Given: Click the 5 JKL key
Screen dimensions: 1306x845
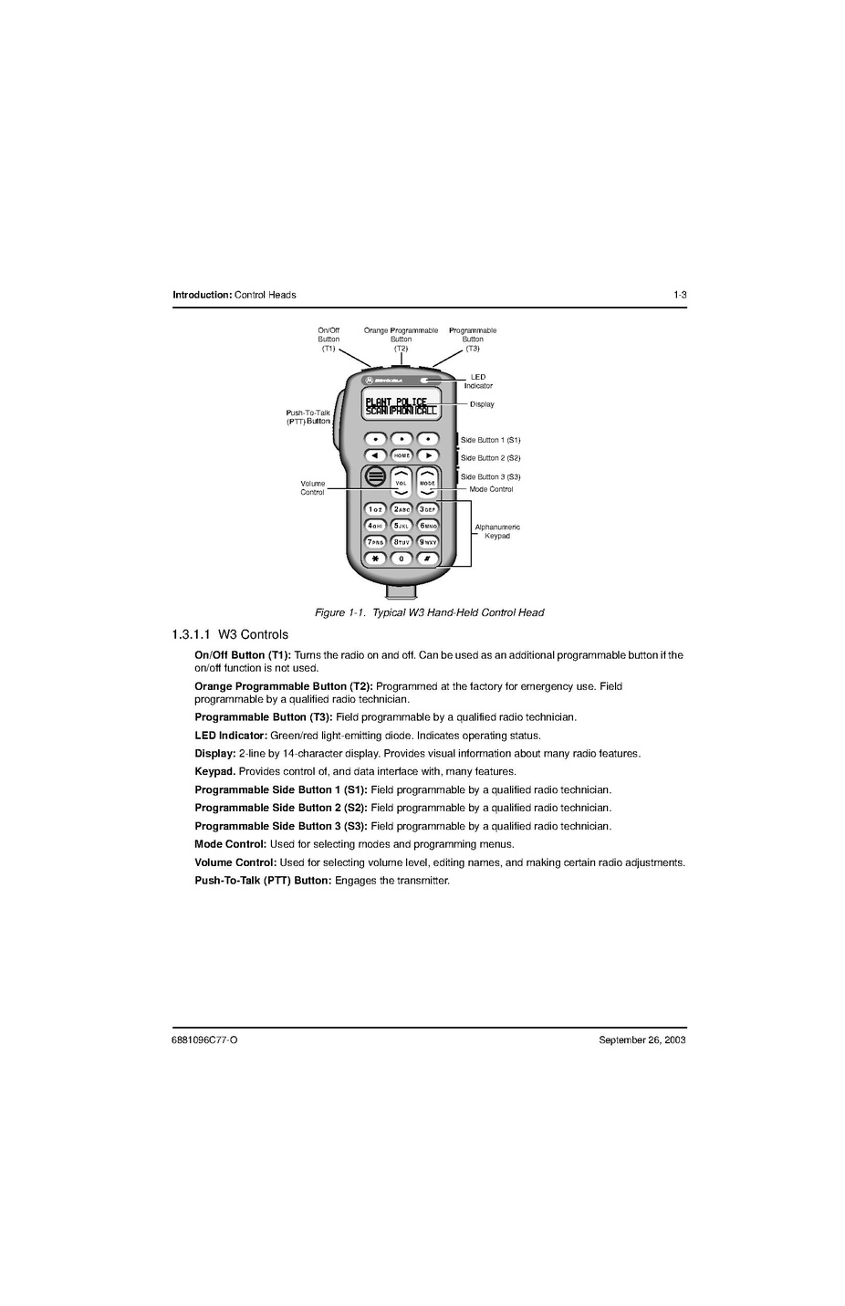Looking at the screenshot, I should pyautogui.click(x=402, y=526).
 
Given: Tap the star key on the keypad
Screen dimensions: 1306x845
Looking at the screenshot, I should pyautogui.click(x=375, y=559).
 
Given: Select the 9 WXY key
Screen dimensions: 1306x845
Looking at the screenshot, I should pyautogui.click(x=428, y=542).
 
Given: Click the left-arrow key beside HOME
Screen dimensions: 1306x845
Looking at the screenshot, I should pyautogui.click(x=375, y=455).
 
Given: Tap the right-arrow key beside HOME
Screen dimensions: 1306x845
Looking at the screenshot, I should pyautogui.click(x=428, y=455).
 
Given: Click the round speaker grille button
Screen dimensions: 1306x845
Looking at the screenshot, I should pyautogui.click(x=375, y=476).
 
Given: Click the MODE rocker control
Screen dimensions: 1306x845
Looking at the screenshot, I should pyautogui.click(x=427, y=482).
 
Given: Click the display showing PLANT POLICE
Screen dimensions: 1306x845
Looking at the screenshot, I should pyautogui.click(x=401, y=406).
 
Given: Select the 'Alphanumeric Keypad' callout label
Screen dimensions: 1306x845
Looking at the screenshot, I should pyautogui.click(x=497, y=531).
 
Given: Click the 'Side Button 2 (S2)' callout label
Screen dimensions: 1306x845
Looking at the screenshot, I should pyautogui.click(x=490, y=458).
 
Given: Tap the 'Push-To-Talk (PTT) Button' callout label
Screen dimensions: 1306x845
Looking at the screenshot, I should pyautogui.click(x=308, y=417).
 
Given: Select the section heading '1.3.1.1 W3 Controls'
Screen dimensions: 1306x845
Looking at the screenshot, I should pyautogui.click(x=230, y=634).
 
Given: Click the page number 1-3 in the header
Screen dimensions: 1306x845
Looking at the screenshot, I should pyautogui.click(x=680, y=295).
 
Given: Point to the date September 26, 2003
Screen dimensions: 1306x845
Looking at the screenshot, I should pyautogui.click(x=642, y=1040).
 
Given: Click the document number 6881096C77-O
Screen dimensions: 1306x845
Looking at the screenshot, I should pyautogui.click(x=205, y=1040).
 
